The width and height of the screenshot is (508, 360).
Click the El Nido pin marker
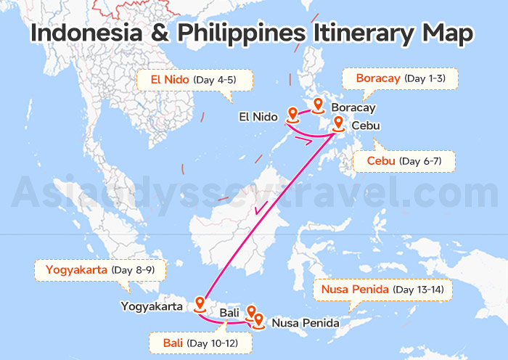click(x=292, y=114)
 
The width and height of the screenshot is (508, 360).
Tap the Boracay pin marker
click(x=318, y=106)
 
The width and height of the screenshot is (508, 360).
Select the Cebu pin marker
click(x=338, y=124)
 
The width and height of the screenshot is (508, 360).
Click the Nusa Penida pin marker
click(x=258, y=317)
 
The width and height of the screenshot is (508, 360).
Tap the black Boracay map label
click(x=353, y=108)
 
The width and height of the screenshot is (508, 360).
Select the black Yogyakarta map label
click(x=152, y=306)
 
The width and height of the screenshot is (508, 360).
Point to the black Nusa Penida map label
click(x=305, y=322)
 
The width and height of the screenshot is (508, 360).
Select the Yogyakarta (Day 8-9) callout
click(x=100, y=271)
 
